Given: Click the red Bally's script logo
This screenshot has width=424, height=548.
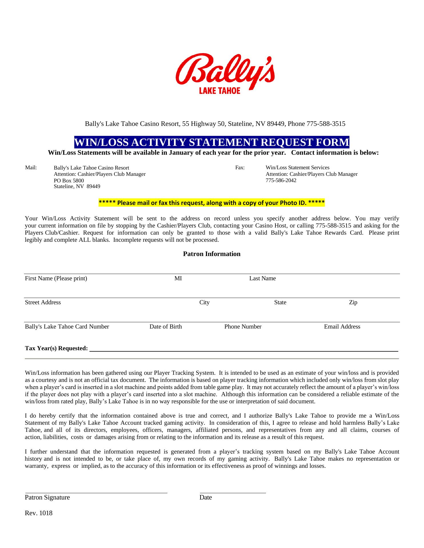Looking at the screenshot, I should click(x=225, y=70).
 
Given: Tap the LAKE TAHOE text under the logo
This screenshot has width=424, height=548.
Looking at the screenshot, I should click(x=219, y=91).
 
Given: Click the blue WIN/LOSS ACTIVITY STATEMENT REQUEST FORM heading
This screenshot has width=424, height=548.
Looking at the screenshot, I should click(x=212, y=142).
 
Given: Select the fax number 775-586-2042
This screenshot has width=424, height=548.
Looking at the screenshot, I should click(x=281, y=180).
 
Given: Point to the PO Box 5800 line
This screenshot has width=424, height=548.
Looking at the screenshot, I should click(x=69, y=181).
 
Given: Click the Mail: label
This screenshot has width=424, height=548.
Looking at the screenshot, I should click(x=31, y=168).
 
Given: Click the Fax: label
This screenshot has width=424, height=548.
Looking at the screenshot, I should click(x=240, y=168).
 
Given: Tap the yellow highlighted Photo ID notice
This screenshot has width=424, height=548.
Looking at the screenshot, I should click(x=211, y=203).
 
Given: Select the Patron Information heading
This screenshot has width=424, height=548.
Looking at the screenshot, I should click(x=212, y=254).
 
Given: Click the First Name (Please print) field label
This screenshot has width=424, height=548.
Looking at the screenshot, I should click(x=56, y=278).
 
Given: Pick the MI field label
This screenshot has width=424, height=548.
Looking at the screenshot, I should click(x=178, y=278).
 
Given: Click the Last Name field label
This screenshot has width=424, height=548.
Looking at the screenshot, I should click(x=262, y=278).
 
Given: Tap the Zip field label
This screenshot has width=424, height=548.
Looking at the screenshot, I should click(x=353, y=303).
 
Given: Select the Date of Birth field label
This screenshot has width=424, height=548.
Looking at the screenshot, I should click(x=166, y=327).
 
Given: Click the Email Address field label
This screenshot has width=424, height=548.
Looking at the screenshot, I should click(x=342, y=327).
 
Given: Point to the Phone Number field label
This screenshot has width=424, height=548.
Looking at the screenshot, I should click(x=243, y=327).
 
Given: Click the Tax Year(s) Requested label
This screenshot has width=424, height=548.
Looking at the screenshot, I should click(x=56, y=348).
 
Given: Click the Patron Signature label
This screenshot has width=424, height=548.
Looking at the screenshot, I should click(x=47, y=497).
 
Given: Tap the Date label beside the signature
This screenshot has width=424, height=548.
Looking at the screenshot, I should click(x=206, y=497).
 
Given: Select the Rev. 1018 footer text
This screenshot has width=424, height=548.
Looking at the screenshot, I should click(x=39, y=513).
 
